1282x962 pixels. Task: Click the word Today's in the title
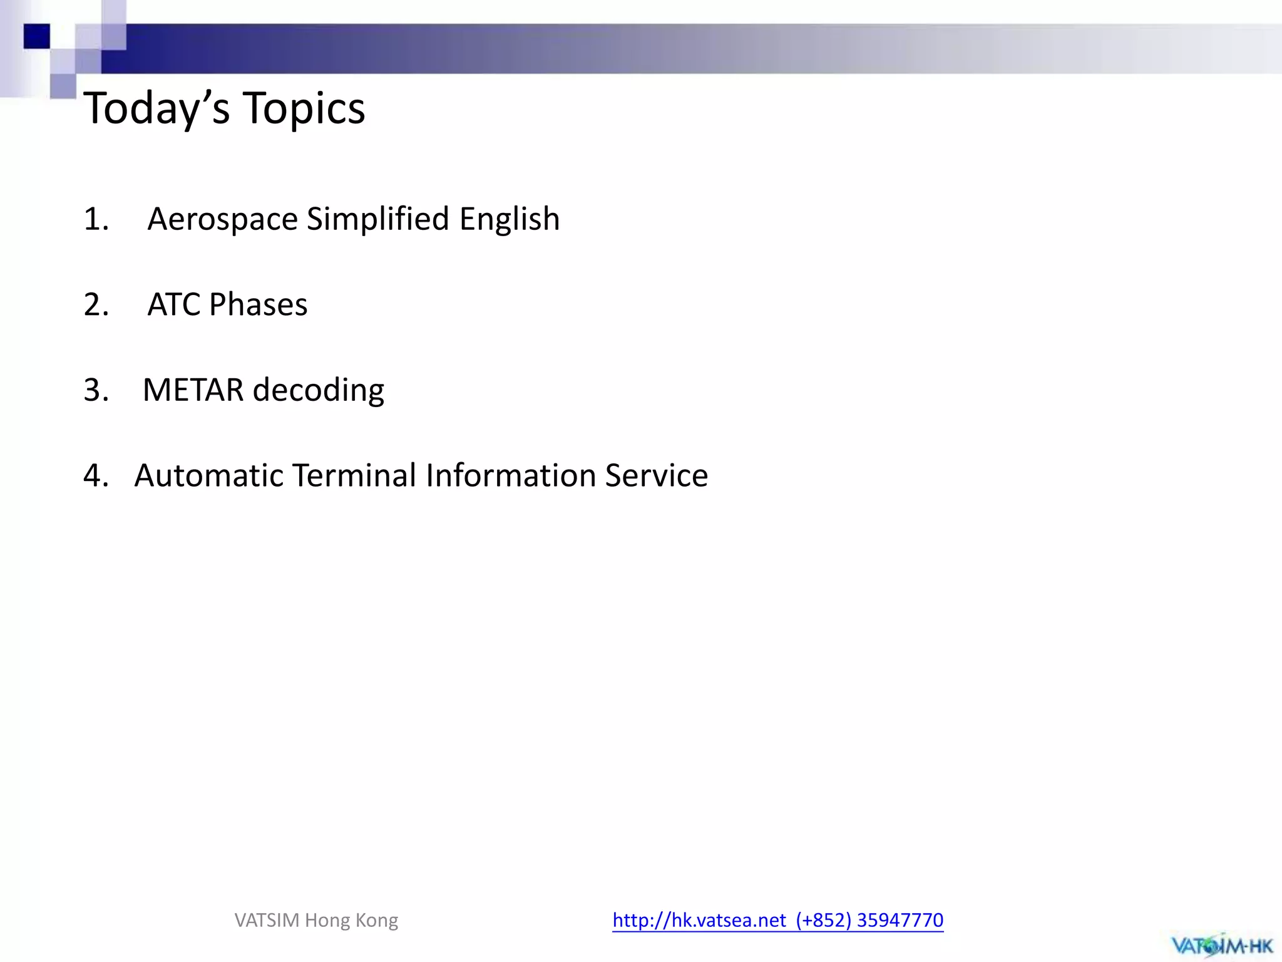pyautogui.click(x=156, y=109)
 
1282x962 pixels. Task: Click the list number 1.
pyautogui.click(x=96, y=220)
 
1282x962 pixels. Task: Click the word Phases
pyautogui.click(x=258, y=305)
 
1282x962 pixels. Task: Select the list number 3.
pyautogui.click(x=96, y=390)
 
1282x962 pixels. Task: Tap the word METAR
pyautogui.click(x=193, y=390)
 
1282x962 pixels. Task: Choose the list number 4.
pyautogui.click(x=96, y=476)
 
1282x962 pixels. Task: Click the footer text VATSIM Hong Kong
pyautogui.click(x=316, y=920)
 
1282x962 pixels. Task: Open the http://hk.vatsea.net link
pyautogui.click(x=699, y=920)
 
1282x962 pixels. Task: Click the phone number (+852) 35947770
pyautogui.click(x=869, y=920)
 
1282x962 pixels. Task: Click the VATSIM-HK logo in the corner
pyautogui.click(x=1221, y=944)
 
